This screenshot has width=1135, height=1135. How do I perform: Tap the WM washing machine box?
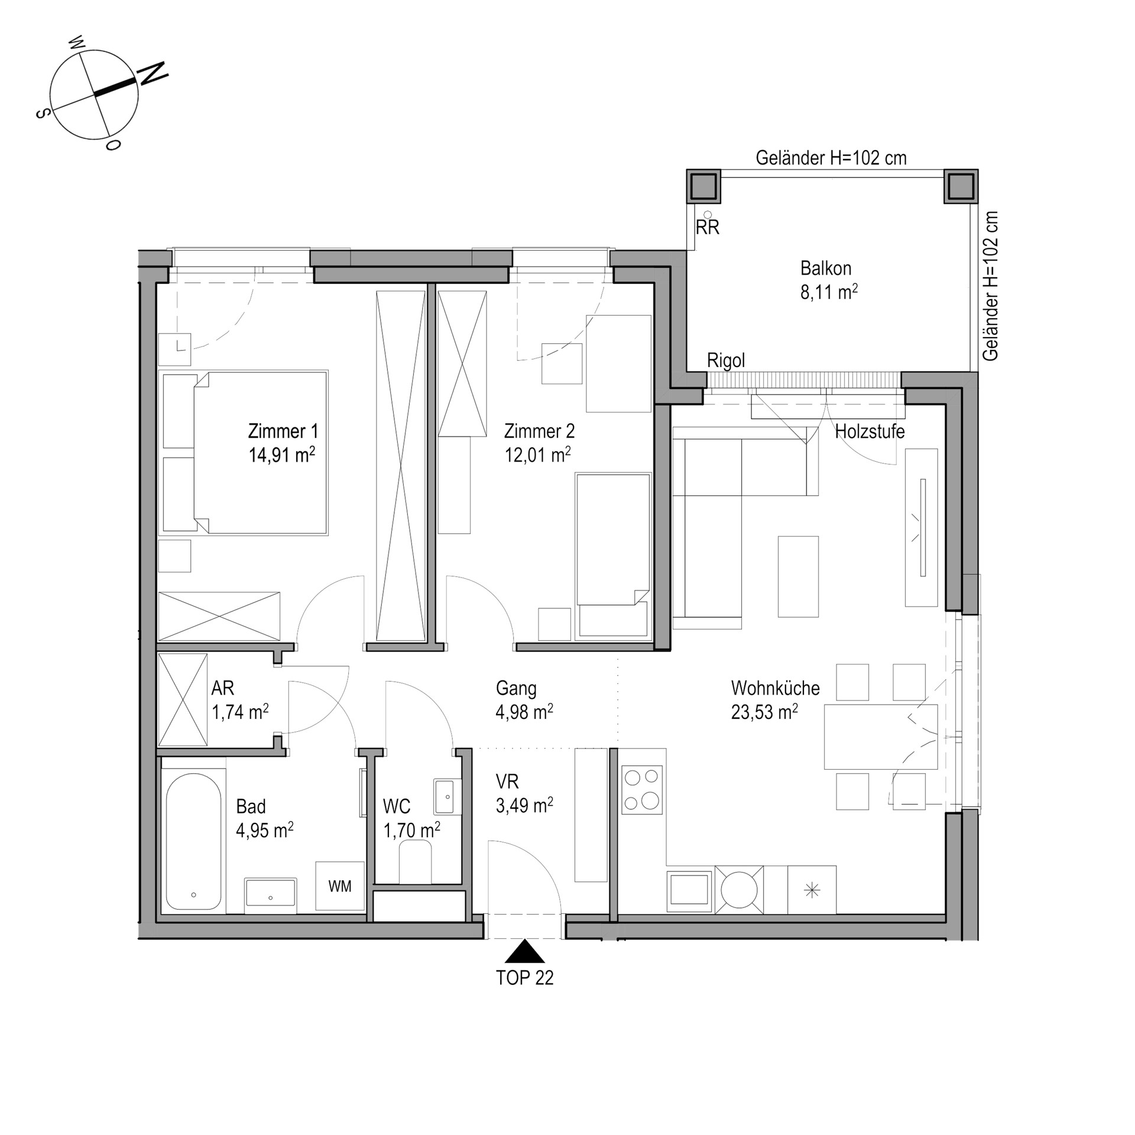340,886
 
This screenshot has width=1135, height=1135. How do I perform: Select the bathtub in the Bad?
193,842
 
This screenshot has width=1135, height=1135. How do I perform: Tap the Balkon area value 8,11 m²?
829,292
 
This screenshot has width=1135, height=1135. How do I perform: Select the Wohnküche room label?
775,688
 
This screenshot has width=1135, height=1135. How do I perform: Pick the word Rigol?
726,360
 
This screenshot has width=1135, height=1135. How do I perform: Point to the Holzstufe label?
870,432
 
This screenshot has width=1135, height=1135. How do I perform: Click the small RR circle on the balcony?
708,215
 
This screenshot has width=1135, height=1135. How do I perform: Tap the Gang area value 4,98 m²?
524,712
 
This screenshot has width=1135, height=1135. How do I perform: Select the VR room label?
507,781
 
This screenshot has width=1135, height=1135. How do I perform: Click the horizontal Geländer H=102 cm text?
831,158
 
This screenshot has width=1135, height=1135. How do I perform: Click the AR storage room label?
223,688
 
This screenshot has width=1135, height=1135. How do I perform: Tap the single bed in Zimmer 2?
613,556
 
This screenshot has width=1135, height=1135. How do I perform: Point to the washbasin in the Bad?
271,896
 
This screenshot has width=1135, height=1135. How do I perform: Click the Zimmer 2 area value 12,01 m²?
537,455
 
